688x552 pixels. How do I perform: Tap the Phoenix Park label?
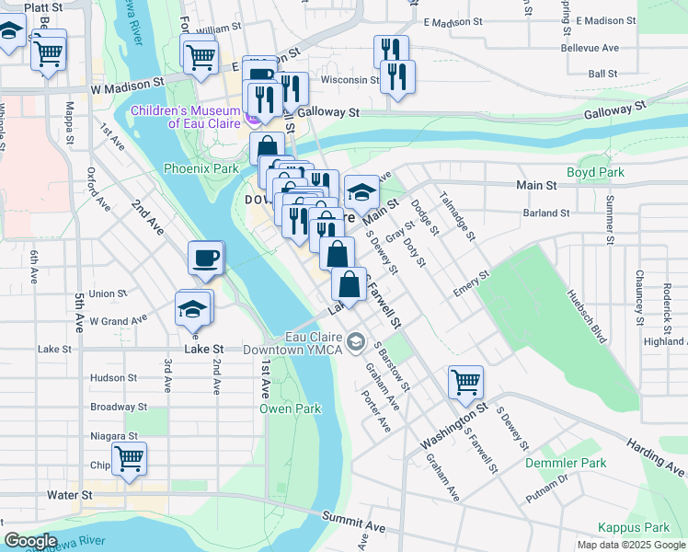coord(201,168)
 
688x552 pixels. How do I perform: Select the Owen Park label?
coord(290,408)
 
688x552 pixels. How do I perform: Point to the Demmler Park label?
coord(566,463)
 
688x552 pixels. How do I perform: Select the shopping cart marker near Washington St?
coord(466,382)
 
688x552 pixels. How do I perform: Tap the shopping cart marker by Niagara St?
coord(129,457)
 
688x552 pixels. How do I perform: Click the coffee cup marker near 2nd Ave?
coord(206,258)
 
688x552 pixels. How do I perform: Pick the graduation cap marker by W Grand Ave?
coord(193,309)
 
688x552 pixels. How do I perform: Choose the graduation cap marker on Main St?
coord(362,192)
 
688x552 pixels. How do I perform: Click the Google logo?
coord(30,541)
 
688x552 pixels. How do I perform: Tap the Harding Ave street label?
coord(656,453)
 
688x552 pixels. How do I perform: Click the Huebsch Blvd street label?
coord(588,313)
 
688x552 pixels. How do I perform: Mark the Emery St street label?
coord(472,282)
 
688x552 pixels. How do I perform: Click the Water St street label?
coord(74,495)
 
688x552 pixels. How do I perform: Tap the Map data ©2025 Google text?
coord(629,545)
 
